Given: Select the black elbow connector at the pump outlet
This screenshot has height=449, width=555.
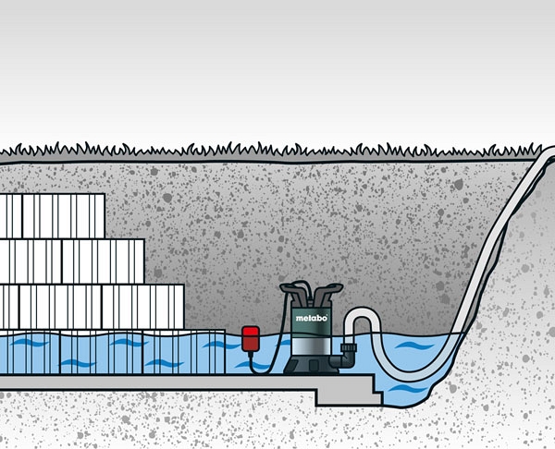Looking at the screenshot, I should (346, 351).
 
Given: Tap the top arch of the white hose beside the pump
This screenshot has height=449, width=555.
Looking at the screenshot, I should (362, 315).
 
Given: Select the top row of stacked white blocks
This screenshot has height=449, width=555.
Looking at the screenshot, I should (52, 216).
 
